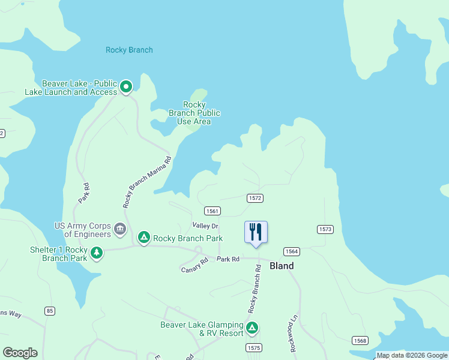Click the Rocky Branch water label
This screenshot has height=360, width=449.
click(x=129, y=50)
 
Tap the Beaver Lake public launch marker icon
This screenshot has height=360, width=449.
click(x=126, y=88)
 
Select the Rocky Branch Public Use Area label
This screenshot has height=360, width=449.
click(x=194, y=113)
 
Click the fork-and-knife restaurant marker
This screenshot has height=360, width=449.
click(x=256, y=232)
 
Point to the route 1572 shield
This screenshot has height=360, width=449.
click(x=255, y=197)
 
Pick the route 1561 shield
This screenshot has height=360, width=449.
click(x=212, y=211)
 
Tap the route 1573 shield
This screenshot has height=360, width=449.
click(x=325, y=229)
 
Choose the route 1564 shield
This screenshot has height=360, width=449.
click(x=292, y=251)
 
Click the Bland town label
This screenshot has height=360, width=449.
click(x=282, y=266)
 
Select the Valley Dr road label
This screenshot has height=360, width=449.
click(x=205, y=226)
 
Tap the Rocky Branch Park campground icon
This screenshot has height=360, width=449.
click(x=144, y=238)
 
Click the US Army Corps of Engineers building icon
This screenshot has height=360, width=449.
click(x=120, y=229)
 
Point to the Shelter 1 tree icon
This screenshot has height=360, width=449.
click(x=96, y=254)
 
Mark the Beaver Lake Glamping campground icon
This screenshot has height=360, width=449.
click(x=253, y=329)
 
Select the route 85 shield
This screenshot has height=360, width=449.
click(x=50, y=311)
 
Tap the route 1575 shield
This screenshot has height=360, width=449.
click(x=254, y=348)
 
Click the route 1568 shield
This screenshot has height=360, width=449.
click(x=360, y=341)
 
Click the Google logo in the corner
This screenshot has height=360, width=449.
click(x=20, y=353)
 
